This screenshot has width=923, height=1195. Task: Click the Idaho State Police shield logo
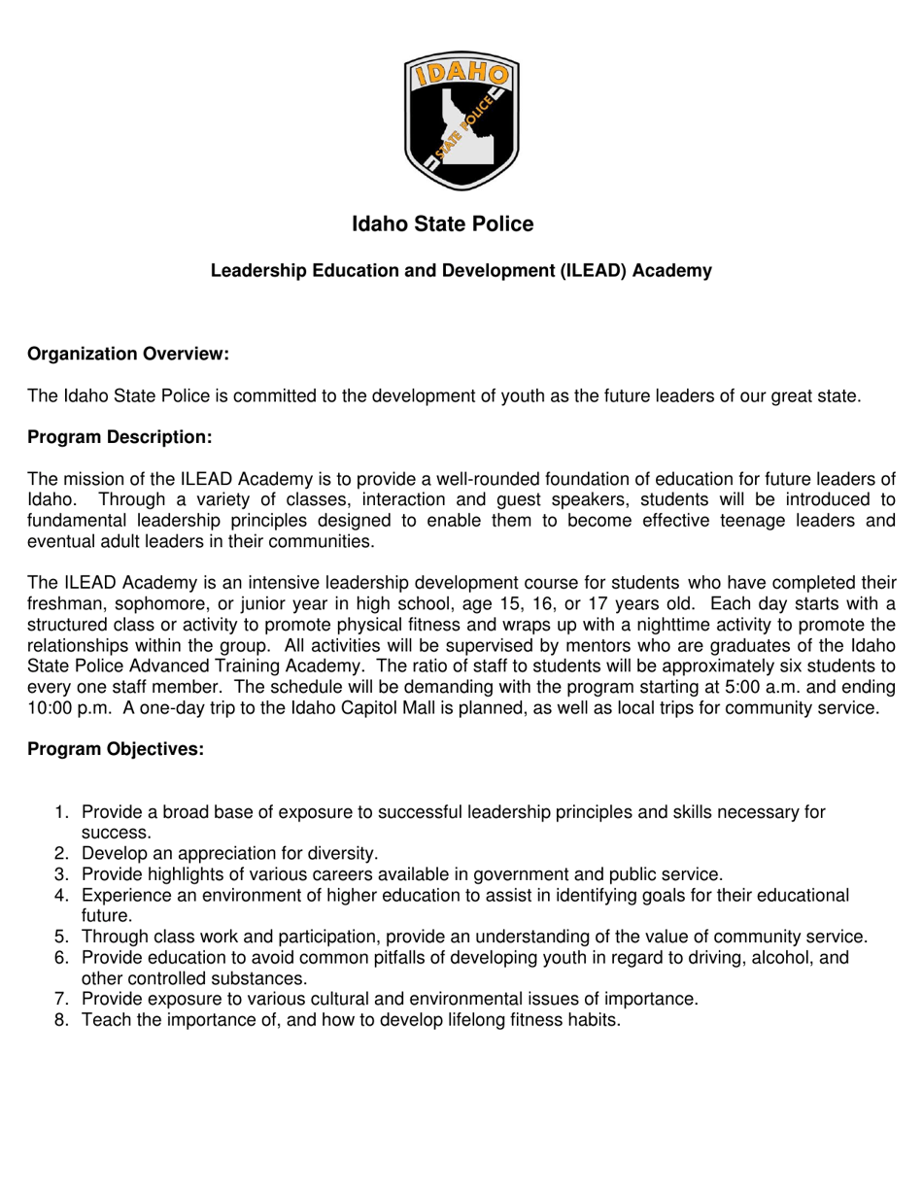click(x=461, y=120)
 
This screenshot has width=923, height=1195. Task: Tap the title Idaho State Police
click(x=442, y=224)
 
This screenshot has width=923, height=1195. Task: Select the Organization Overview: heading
click(x=128, y=354)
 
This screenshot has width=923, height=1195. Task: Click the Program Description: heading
click(x=120, y=437)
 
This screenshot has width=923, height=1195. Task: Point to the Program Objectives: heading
click(x=116, y=749)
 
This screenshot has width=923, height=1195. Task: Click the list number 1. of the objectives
click(x=63, y=812)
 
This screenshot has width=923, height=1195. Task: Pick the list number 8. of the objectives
click(x=63, y=1020)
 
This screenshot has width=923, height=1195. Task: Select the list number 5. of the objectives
click(x=63, y=937)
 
